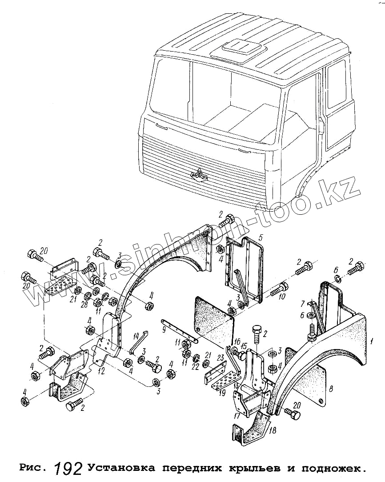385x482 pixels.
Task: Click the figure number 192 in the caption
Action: (68, 468)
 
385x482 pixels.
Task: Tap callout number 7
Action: (302, 304)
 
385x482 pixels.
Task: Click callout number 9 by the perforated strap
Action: (164, 329)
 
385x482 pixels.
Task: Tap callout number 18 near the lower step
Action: (273, 430)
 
